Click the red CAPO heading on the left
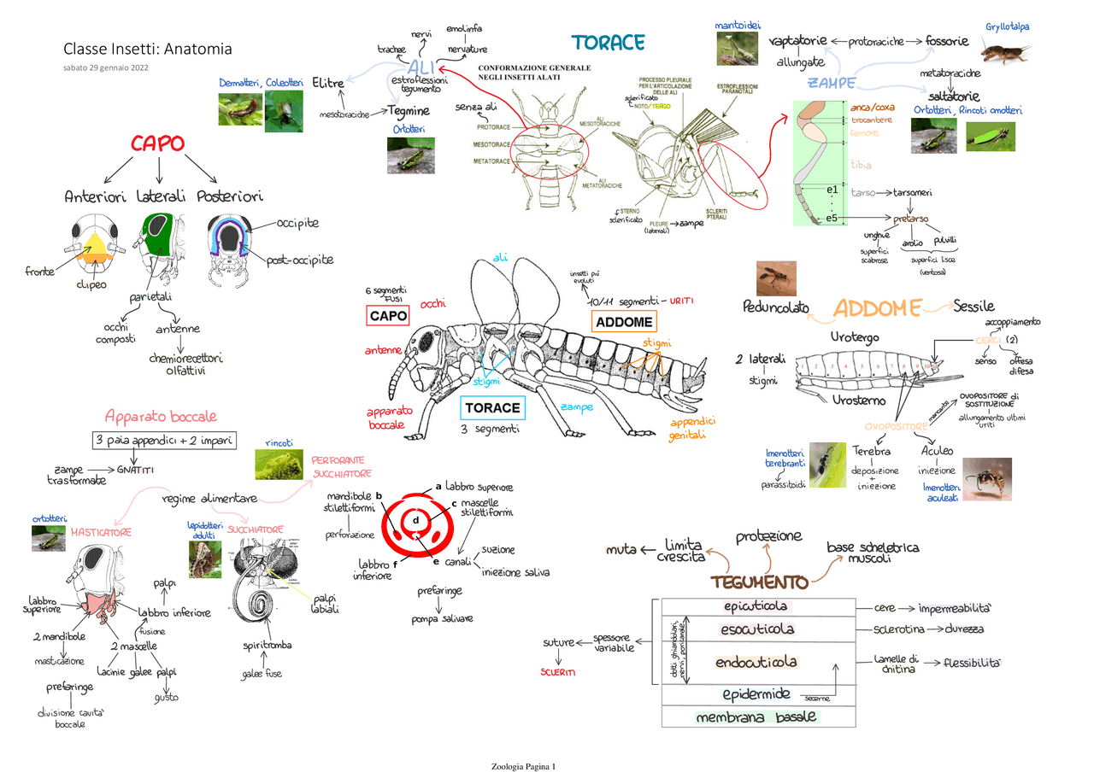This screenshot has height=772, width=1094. [x=157, y=143]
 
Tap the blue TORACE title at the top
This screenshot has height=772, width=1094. [x=608, y=42]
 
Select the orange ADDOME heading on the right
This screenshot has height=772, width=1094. [x=878, y=309]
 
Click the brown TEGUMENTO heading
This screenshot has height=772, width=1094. [x=759, y=582]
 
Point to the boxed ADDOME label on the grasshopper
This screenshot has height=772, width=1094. [x=624, y=322]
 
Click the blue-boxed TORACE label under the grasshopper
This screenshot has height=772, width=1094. [x=491, y=407]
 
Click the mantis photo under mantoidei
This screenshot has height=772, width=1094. [x=737, y=49]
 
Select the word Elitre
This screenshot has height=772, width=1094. [x=328, y=83]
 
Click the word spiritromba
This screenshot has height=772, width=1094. [x=268, y=645]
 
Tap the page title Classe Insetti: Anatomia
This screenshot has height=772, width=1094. [x=147, y=49]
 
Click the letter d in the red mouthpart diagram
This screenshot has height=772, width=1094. [x=415, y=520]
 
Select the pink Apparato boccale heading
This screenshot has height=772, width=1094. [x=161, y=417]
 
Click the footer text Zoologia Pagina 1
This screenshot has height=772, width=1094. [x=524, y=766]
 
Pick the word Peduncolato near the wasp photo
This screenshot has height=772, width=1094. [x=775, y=307]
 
